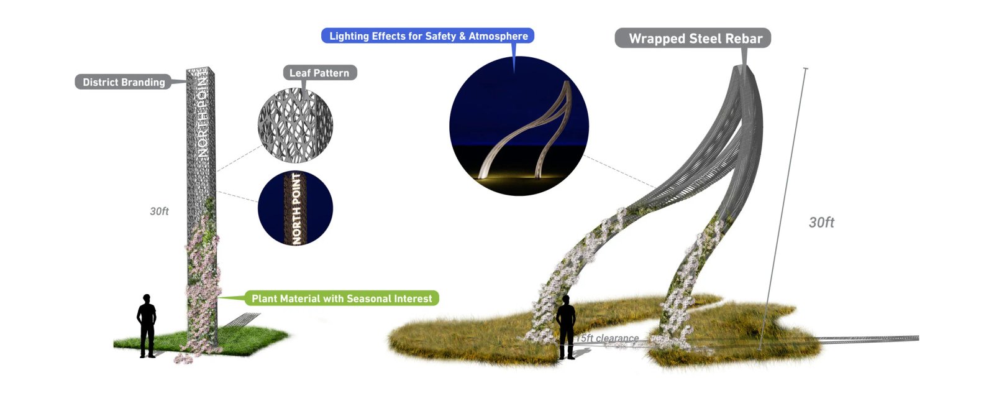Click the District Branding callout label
click(124, 82)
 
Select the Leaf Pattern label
click(319, 73)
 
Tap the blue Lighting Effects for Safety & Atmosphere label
click(428, 36)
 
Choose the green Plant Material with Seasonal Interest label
click(341, 298)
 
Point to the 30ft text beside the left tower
click(159, 211)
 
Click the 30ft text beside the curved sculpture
click(821, 223)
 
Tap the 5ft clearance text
click(608, 338)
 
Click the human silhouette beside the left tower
click(147, 326)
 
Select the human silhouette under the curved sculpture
click(566, 327)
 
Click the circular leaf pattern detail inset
click(295, 125)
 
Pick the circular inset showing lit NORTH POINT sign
click(295, 208)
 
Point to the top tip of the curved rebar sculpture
click(743, 66)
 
